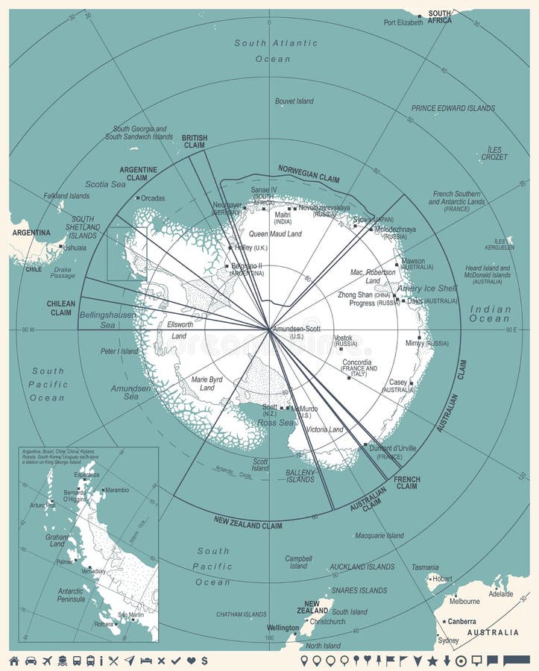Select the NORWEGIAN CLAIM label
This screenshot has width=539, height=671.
309,174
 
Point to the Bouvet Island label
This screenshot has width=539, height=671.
294,101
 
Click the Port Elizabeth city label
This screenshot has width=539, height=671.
403,22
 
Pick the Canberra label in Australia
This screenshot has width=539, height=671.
461,621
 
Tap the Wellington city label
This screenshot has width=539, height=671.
283,628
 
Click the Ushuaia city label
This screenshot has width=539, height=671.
75,247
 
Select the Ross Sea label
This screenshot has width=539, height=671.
276,423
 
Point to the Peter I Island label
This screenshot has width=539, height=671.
119,350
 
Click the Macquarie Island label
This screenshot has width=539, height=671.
379,535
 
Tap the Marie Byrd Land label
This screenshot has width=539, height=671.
207,383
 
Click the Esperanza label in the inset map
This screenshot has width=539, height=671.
86,474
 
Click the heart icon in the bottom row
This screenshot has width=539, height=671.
191,661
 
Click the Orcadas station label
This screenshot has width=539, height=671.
153,198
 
